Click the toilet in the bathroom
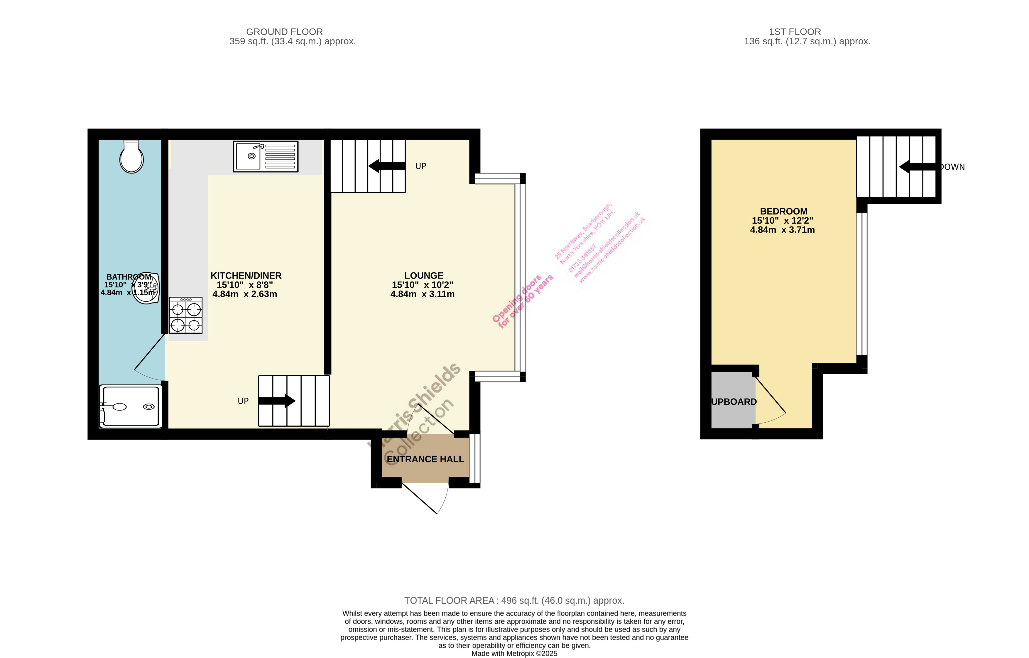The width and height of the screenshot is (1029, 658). click(132, 157)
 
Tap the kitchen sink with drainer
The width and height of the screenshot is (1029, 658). click(265, 156)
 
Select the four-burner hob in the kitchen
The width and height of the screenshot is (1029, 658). click(185, 315)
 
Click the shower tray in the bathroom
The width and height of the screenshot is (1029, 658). click(131, 406)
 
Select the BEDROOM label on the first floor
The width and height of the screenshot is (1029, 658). click(783, 211)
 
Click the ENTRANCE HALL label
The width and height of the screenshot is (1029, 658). click(425, 459)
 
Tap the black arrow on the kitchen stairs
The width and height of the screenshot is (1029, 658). click(277, 401)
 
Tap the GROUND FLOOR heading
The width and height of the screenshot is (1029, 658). click(284, 32)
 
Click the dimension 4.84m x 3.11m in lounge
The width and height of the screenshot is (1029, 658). click(422, 294)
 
